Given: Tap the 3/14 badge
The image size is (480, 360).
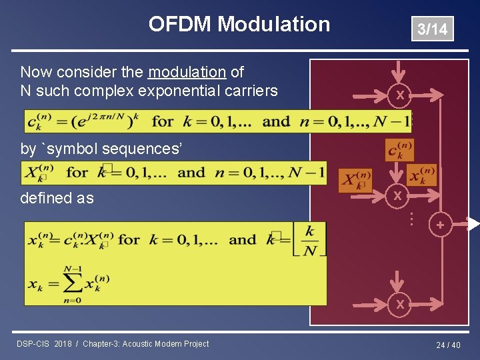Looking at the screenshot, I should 432,29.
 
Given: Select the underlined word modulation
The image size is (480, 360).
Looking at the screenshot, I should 187,72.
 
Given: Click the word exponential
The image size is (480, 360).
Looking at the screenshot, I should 175,91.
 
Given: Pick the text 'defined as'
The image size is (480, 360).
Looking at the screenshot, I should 57,198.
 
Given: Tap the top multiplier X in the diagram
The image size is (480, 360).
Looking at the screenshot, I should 399,96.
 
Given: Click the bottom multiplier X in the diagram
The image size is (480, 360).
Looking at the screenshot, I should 399,304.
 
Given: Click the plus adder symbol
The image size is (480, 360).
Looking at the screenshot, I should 440,226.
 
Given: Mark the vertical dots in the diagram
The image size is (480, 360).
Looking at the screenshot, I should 412,218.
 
